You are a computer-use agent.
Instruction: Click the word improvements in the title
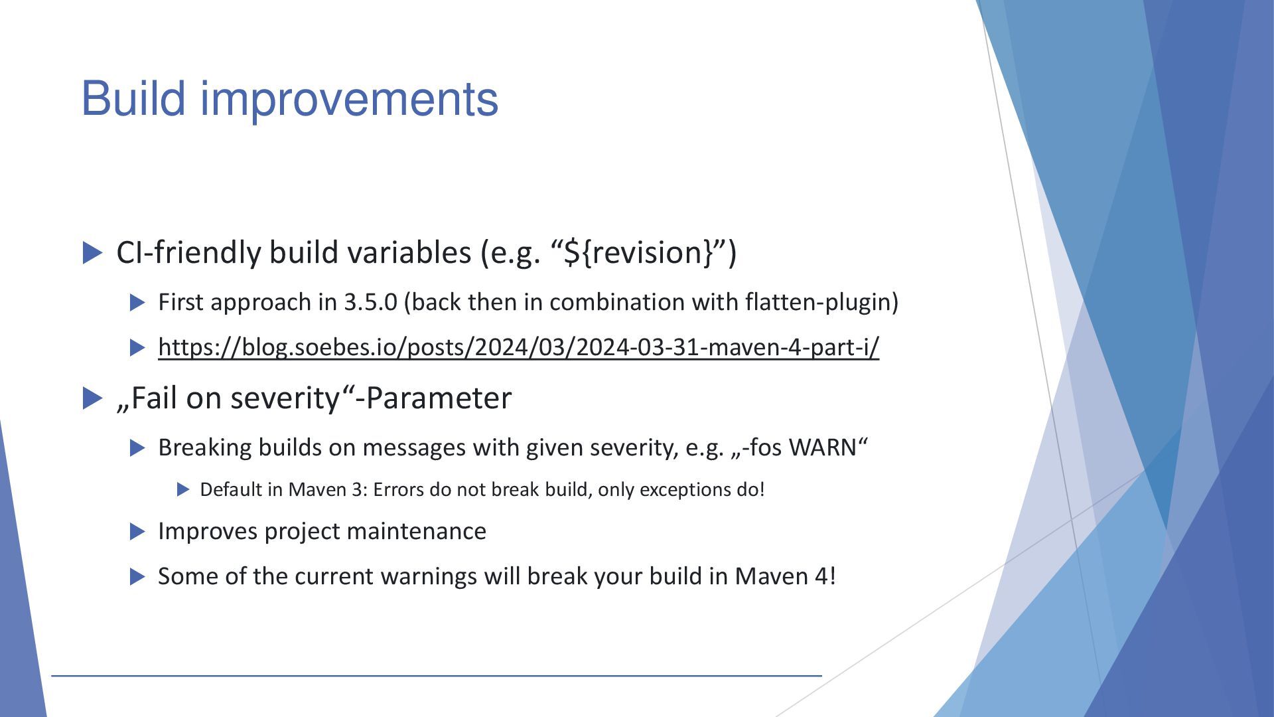click(x=349, y=100)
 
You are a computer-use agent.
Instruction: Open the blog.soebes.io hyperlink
click(x=518, y=347)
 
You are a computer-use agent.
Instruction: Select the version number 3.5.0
click(x=370, y=302)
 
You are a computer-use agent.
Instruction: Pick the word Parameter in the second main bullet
click(x=439, y=398)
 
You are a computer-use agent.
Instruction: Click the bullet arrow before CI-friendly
click(x=93, y=253)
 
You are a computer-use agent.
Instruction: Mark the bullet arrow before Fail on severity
click(x=93, y=398)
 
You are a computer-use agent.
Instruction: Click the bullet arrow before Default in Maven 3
click(x=184, y=490)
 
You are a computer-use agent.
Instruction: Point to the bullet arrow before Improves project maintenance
click(x=137, y=531)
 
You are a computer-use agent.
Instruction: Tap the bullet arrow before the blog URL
click(x=137, y=347)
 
